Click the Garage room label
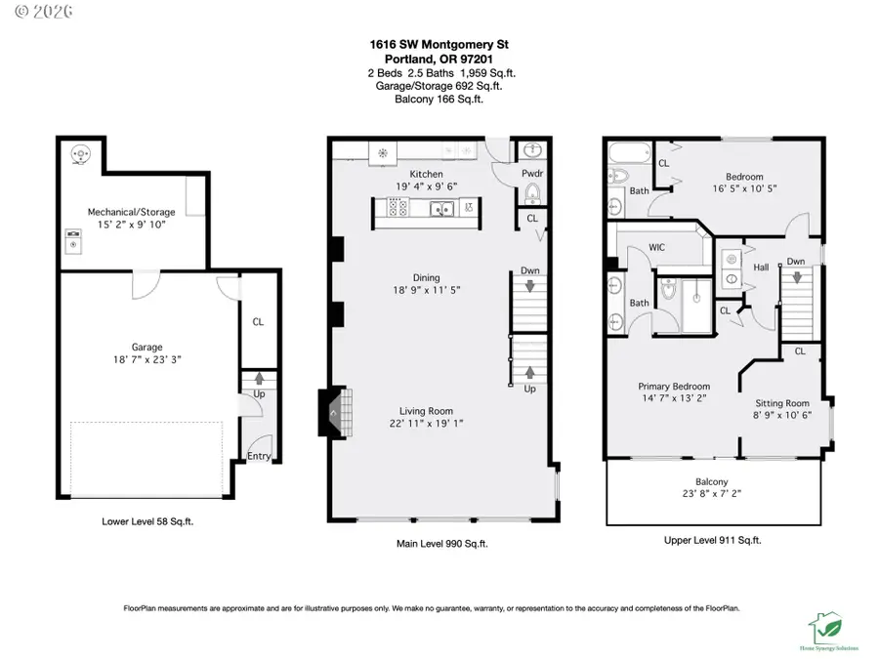pos(147,347)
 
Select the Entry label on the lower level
pos(259,456)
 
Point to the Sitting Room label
pos(782,403)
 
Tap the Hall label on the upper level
pos(760,267)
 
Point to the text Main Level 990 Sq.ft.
pos(439,543)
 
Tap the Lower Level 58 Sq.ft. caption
pos(147,521)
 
